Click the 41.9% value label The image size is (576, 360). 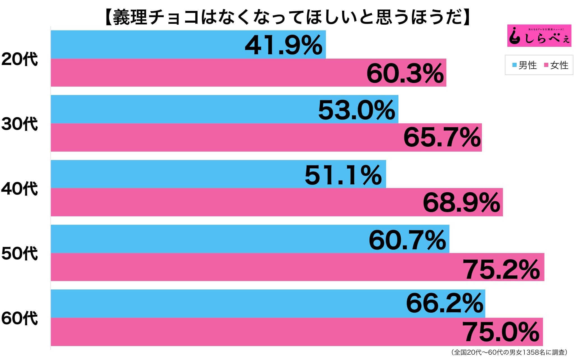click(x=284, y=45)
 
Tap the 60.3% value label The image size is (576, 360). click(x=405, y=74)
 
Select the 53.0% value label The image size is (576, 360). click(x=356, y=110)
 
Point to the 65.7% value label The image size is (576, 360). click(x=442, y=138)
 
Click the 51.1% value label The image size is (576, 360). click(x=343, y=175)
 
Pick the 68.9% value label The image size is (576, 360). click(x=461, y=203)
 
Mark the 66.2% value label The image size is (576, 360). click(x=445, y=303)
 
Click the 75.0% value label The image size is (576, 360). click(x=501, y=332)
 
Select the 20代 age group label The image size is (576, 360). click(x=19, y=59)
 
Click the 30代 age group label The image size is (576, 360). click(x=19, y=124)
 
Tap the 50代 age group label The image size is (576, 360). click(x=19, y=254)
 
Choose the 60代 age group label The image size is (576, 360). click(x=19, y=318)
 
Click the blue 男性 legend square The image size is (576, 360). click(x=514, y=65)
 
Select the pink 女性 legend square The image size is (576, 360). click(x=546, y=65)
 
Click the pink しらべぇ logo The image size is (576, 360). click(x=539, y=36)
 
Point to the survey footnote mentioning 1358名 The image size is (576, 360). click(x=509, y=352)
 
